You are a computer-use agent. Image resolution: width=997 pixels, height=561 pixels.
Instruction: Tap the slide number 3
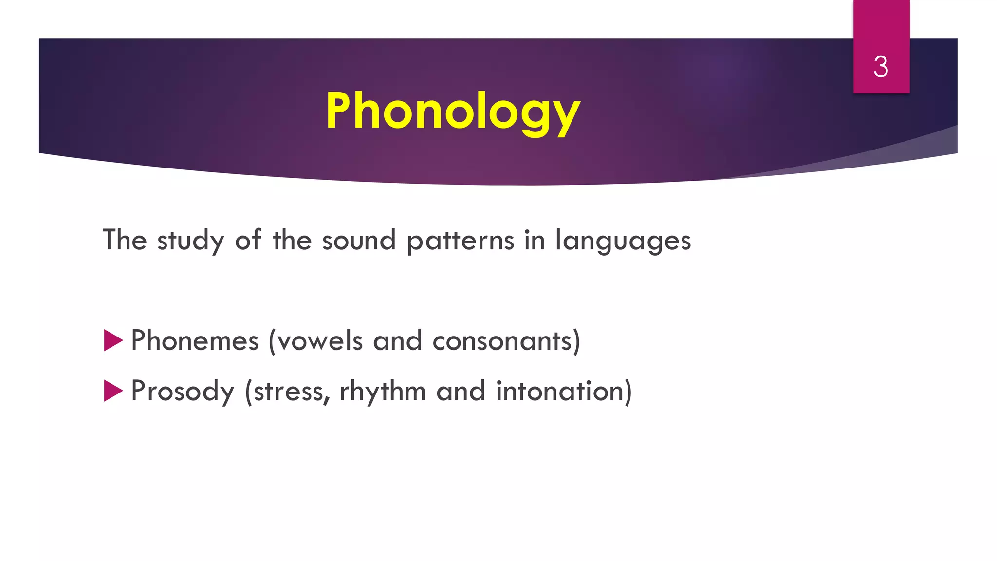pos(881,67)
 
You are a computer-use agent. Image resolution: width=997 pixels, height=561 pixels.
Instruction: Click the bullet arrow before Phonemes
pos(113,340)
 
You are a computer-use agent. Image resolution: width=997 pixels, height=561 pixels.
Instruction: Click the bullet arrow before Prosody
pos(113,391)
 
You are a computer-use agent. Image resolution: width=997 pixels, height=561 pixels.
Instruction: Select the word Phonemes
pos(195,340)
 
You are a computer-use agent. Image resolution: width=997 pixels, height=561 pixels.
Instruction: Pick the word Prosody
pos(183,391)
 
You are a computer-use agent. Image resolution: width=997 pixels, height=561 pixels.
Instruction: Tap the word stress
pos(290,391)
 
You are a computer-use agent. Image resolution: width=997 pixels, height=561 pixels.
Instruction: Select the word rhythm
pos(382,391)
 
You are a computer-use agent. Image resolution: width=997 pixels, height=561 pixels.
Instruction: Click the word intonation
pos(560,391)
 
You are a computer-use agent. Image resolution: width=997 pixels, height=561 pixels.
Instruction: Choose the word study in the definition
pos(190,241)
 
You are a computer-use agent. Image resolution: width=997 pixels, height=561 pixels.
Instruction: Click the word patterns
pos(460,241)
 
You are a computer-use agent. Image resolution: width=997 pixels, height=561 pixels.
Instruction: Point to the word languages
pos(623,241)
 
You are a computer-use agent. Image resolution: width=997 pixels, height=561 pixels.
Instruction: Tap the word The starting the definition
pos(125,240)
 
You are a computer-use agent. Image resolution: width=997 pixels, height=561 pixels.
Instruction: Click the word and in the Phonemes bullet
pos(397,340)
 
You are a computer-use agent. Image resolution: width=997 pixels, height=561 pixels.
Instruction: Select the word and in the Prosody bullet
pos(461,391)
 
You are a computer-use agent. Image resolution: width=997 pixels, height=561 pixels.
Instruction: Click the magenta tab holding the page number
pos(881,29)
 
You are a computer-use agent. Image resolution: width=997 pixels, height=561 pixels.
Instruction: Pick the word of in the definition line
pos(248,240)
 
